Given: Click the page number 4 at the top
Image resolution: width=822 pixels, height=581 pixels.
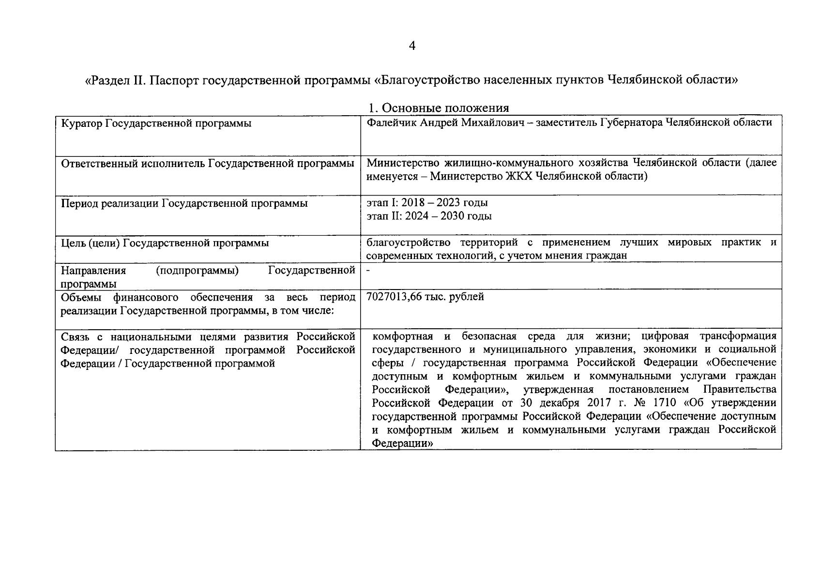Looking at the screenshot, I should (x=412, y=46).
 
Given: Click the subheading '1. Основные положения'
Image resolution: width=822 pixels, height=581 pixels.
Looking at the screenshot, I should (x=439, y=108).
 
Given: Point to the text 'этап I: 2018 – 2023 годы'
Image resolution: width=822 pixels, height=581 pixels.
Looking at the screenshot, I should (x=427, y=202).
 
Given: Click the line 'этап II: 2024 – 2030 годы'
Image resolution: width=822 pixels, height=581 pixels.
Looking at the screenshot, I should (x=429, y=216).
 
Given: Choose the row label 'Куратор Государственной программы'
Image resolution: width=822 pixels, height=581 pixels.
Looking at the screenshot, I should (x=156, y=123).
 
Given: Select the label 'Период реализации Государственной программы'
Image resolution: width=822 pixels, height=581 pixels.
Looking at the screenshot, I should (x=184, y=203).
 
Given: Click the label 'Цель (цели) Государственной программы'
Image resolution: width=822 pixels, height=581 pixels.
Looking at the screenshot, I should (x=165, y=243).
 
